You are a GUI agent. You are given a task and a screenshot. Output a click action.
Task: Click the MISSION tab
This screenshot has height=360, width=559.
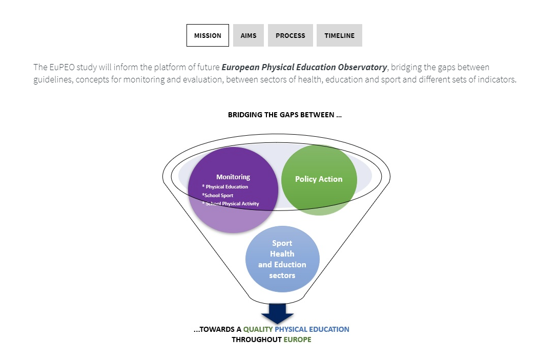[208, 35]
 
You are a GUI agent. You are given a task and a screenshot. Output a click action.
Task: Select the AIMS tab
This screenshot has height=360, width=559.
[249, 35]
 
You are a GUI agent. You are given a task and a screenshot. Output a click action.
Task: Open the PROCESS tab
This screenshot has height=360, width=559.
[290, 35]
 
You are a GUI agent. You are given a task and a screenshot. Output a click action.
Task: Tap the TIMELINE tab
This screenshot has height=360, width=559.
[339, 35]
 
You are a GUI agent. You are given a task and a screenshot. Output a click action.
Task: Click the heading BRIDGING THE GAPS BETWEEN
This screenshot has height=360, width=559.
[284, 115]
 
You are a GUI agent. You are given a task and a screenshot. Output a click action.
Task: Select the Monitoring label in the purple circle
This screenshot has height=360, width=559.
[233, 177]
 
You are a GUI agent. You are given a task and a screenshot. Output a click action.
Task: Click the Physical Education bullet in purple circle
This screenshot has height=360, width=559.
[226, 187]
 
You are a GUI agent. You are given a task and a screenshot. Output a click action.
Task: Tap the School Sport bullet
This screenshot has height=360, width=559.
[219, 195]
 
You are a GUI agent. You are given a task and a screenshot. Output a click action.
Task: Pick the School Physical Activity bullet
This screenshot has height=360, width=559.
[232, 204]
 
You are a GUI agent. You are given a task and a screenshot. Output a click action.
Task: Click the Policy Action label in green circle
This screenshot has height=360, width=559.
[319, 179]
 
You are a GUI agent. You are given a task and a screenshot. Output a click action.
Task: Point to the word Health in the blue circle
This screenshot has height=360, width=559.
[282, 254]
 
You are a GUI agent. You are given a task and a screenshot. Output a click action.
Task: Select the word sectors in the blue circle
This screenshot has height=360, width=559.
[282, 276]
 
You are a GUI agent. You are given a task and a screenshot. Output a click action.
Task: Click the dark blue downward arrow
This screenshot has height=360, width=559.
[277, 313]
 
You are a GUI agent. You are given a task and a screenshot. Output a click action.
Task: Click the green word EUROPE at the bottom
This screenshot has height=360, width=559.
[297, 340]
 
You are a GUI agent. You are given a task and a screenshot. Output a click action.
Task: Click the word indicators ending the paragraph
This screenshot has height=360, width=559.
[496, 79]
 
